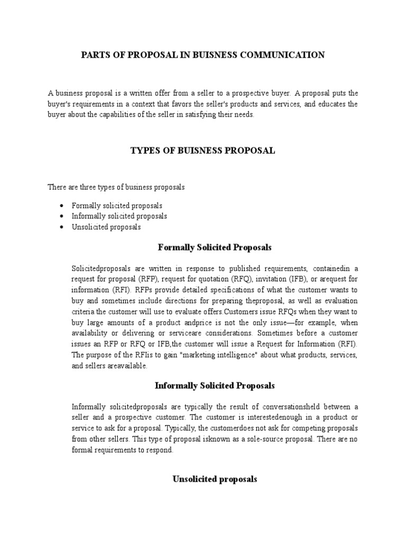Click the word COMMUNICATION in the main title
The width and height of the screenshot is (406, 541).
point(280,54)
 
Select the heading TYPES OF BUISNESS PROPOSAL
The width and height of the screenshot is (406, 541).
point(202,151)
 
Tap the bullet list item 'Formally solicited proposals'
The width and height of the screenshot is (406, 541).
point(117,206)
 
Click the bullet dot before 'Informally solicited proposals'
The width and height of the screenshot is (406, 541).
point(62,216)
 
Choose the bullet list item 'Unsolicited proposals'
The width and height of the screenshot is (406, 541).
point(106,227)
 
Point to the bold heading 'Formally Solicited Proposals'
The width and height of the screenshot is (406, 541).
point(215,247)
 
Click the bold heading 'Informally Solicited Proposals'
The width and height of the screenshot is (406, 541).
point(215,386)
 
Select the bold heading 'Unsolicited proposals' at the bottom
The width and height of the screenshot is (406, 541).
point(215,479)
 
